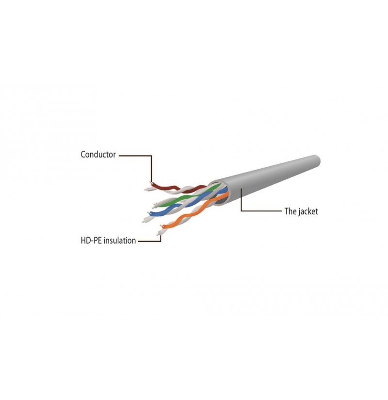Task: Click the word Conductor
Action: (x=98, y=155)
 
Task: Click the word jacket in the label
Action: (x=308, y=211)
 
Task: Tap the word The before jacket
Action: (x=290, y=211)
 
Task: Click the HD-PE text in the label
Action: (x=91, y=240)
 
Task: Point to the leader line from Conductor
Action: (x=151, y=168)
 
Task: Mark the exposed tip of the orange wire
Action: (x=161, y=226)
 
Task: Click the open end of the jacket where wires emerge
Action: (x=219, y=193)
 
